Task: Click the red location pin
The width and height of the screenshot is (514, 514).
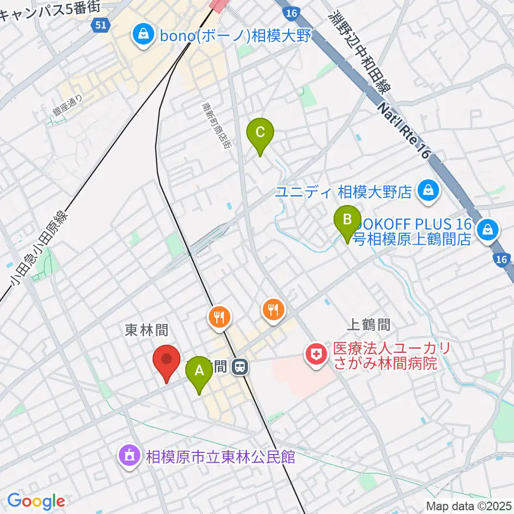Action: tap(166, 362)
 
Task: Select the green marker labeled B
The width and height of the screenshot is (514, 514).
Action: tap(347, 221)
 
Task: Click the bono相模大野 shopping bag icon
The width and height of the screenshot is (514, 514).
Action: tap(143, 36)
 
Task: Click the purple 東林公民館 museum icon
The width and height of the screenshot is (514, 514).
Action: tap(129, 457)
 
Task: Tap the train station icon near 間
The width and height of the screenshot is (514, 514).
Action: tap(241, 367)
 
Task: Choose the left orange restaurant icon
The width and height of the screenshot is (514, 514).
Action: tap(218, 316)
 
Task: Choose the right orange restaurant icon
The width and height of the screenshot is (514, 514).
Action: tap(274, 309)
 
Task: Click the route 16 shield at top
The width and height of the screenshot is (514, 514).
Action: tap(291, 12)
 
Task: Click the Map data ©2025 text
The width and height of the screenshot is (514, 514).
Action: tap(468, 505)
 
